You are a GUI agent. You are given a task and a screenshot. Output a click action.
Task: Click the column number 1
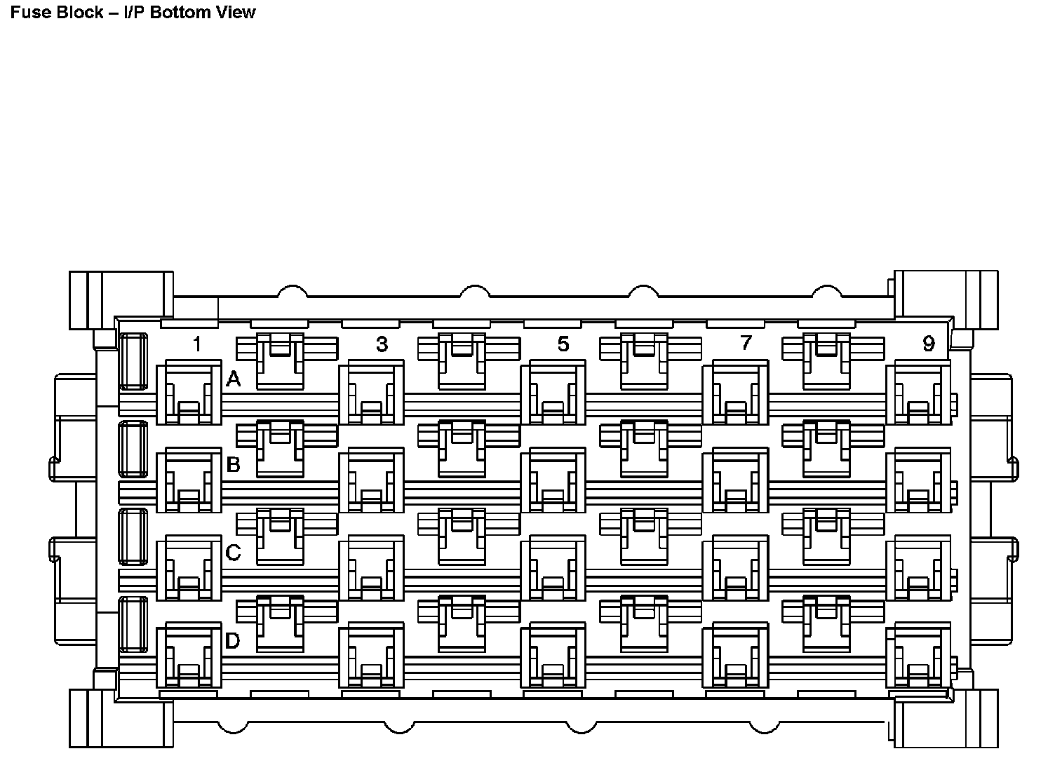[x=198, y=344]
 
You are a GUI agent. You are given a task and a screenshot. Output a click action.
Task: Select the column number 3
[x=382, y=344]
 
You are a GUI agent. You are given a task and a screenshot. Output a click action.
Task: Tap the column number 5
[x=563, y=344]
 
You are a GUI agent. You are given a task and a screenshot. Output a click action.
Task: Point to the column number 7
[x=746, y=343]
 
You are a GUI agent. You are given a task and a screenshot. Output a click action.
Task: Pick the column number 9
[x=929, y=344]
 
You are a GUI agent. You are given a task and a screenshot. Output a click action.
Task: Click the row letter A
[x=234, y=380]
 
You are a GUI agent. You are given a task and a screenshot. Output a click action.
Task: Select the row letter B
[x=234, y=465]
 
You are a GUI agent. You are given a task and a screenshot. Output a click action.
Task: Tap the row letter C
[x=234, y=553]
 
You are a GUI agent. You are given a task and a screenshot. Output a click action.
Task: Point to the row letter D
[x=233, y=641]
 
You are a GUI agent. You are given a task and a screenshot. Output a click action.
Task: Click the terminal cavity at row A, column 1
[x=189, y=393]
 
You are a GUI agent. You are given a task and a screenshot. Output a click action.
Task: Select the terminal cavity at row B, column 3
[x=371, y=481]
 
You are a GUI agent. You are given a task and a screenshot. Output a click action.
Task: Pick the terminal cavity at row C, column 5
[x=553, y=569]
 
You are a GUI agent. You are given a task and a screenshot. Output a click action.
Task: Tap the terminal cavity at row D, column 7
[x=735, y=656]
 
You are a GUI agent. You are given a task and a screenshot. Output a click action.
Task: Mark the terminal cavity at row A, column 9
[x=918, y=393]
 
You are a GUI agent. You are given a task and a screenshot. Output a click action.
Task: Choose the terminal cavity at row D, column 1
[x=189, y=656]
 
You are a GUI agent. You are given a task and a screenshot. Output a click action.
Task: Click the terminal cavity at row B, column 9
[x=918, y=481]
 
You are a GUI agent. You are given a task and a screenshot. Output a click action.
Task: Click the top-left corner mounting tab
[x=121, y=294]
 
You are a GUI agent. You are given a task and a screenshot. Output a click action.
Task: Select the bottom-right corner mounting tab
[x=946, y=719]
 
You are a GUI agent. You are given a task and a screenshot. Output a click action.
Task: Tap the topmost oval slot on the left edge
[x=133, y=361]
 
